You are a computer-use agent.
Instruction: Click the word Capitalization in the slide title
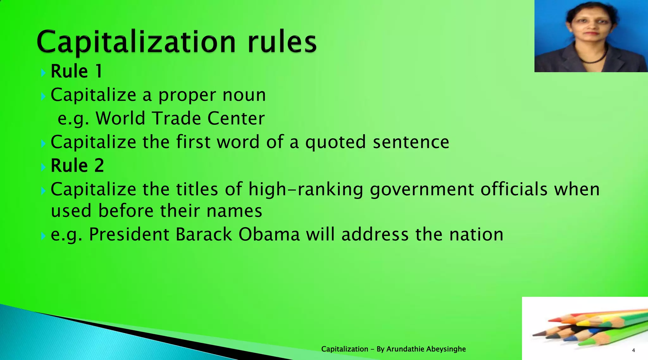[x=136, y=42]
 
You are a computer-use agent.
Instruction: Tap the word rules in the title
[x=282, y=42]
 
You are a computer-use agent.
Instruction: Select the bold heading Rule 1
[x=77, y=71]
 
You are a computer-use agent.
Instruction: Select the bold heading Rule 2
[x=77, y=165]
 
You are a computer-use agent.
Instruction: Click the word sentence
[x=411, y=142]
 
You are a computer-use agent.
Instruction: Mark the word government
[x=422, y=189]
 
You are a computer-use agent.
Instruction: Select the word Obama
[x=269, y=235]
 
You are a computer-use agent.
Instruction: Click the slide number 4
[x=633, y=350]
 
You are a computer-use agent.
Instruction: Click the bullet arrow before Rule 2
[x=43, y=167]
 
